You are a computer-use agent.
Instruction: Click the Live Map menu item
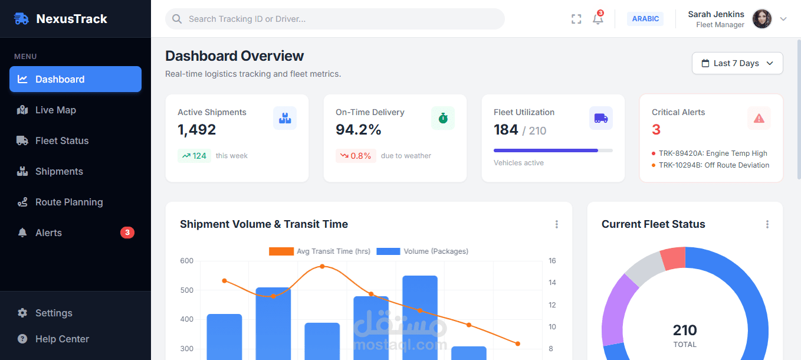tap(55, 110)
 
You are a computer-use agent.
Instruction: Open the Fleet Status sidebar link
tap(61, 140)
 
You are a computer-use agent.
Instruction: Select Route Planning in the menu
tap(68, 202)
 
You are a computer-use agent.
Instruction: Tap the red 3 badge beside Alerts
tap(127, 233)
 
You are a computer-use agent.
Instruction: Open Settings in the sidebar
tap(53, 313)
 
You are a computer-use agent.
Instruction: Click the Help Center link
tap(61, 339)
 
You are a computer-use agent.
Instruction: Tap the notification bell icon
tap(598, 19)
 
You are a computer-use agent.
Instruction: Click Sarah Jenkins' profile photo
tap(761, 19)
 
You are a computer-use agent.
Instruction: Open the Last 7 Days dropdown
tap(737, 63)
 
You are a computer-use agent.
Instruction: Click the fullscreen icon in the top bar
tap(576, 19)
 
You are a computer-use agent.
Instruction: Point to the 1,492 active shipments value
tap(197, 130)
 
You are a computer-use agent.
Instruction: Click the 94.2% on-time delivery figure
tap(359, 130)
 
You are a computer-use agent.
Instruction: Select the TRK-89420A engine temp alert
tap(713, 153)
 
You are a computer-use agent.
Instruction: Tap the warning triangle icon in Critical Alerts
tap(759, 118)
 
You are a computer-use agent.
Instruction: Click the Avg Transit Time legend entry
tap(320, 251)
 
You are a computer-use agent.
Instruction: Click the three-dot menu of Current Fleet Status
tap(767, 224)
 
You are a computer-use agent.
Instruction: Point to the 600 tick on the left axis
tap(186, 261)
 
